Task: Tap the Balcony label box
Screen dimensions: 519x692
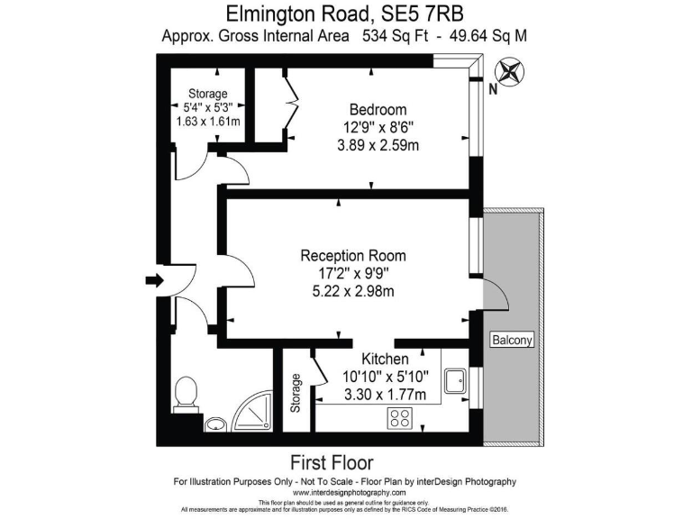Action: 512,340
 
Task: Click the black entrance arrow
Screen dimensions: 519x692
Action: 155,281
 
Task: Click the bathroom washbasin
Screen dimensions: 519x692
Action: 215,423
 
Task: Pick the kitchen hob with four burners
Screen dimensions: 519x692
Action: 400,418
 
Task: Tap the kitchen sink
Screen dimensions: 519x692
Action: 455,379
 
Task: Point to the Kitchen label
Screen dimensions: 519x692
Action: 385,359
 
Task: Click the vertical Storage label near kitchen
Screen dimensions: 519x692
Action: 295,394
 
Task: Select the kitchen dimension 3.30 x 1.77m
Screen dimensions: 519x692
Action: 385,394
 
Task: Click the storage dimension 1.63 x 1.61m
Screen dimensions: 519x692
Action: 207,122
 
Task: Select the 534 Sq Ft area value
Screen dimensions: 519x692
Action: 397,37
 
